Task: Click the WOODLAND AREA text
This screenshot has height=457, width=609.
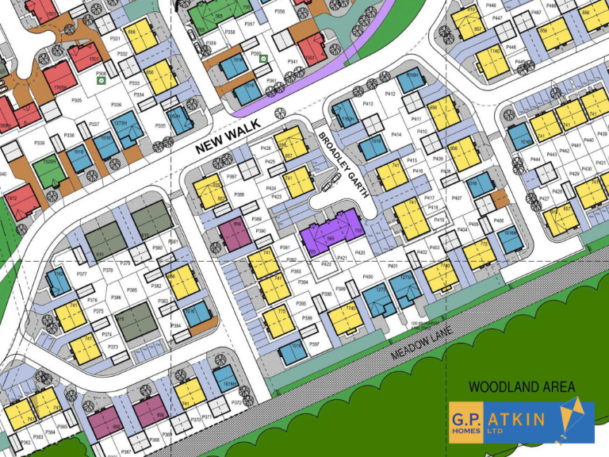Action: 521,387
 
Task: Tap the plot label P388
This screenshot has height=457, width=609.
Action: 239,193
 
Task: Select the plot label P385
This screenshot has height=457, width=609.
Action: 132,290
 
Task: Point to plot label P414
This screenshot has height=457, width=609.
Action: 396,135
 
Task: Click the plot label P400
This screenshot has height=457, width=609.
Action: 368,276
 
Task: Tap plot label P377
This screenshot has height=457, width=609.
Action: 82,274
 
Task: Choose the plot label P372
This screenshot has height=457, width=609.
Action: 236,403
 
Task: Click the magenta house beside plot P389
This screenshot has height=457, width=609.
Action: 235,235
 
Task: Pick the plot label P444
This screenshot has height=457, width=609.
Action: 536,159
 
